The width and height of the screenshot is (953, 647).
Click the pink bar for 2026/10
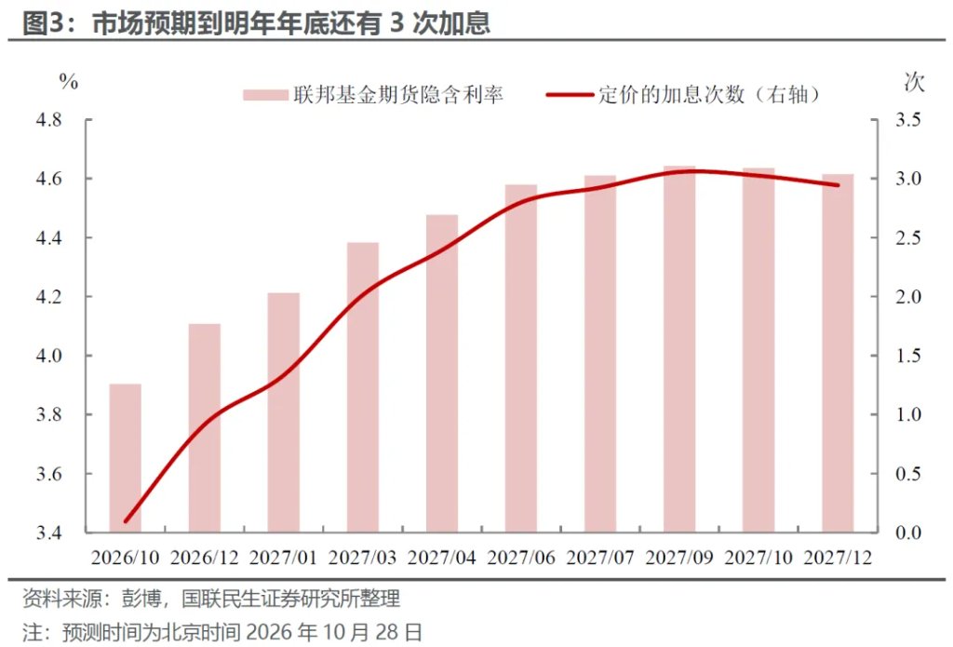[x=126, y=458]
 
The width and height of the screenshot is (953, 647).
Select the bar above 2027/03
[x=363, y=387]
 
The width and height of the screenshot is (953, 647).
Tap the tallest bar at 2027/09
[x=679, y=349]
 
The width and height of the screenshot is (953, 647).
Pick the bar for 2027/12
[x=839, y=354]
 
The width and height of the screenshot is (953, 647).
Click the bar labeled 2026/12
[x=204, y=428]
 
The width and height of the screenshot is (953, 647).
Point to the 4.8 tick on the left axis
[x=48, y=120]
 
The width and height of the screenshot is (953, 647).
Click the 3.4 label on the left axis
[x=48, y=532]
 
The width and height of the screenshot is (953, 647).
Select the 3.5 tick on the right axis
[x=908, y=120]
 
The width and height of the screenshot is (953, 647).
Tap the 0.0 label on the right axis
[x=908, y=532]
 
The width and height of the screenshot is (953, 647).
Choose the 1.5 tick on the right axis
[x=908, y=356]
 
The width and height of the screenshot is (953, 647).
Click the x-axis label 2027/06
[x=521, y=558]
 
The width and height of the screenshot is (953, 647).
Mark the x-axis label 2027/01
[x=283, y=558]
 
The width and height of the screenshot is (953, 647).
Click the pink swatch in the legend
[x=265, y=95]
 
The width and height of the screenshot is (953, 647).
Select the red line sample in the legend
[x=570, y=95]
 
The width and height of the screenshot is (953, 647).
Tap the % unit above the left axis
[x=69, y=82]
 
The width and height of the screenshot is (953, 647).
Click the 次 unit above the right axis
[x=914, y=82]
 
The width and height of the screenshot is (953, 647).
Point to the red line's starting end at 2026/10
[x=126, y=521]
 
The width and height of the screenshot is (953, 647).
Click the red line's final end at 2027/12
[x=839, y=185]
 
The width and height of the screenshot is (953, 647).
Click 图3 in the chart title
[x=43, y=22]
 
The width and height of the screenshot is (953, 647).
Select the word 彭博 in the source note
[x=141, y=599]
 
